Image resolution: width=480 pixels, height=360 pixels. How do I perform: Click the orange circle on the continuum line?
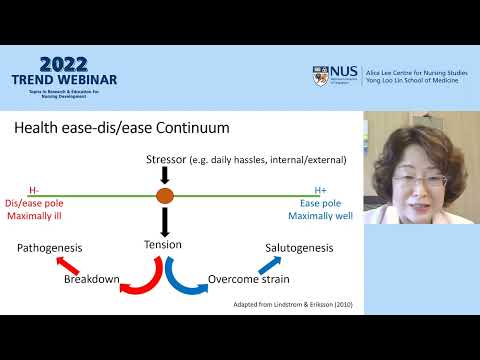(165, 196)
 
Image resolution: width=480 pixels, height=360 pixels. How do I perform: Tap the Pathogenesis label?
(48, 248)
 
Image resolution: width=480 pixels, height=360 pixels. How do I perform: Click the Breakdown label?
(92, 279)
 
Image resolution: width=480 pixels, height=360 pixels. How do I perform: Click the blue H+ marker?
(320, 188)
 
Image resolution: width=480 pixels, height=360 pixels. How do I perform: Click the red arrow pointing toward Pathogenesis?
(67, 264)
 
